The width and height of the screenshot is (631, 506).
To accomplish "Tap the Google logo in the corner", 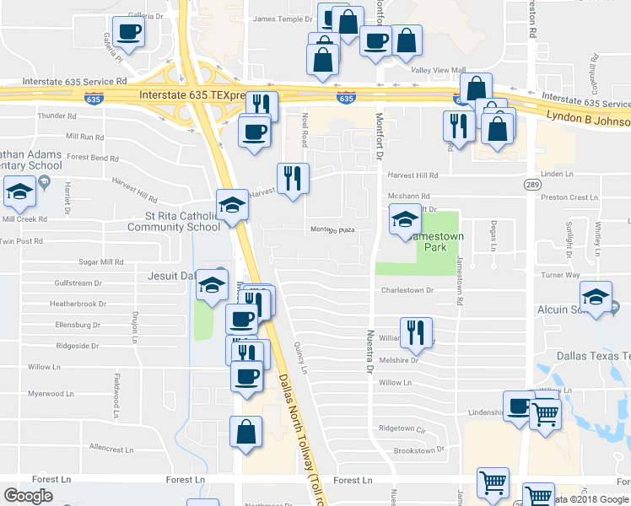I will pos(28,495).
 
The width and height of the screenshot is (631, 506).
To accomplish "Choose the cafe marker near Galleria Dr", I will pos(128,32).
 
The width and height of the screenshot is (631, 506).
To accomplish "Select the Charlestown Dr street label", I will pos(407,290).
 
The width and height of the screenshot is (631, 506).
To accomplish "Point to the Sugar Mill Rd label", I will pos(100,262).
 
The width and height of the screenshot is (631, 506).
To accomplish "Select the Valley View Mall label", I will pos(438,70).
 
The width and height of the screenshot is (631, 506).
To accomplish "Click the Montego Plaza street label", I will pos(330,229).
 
